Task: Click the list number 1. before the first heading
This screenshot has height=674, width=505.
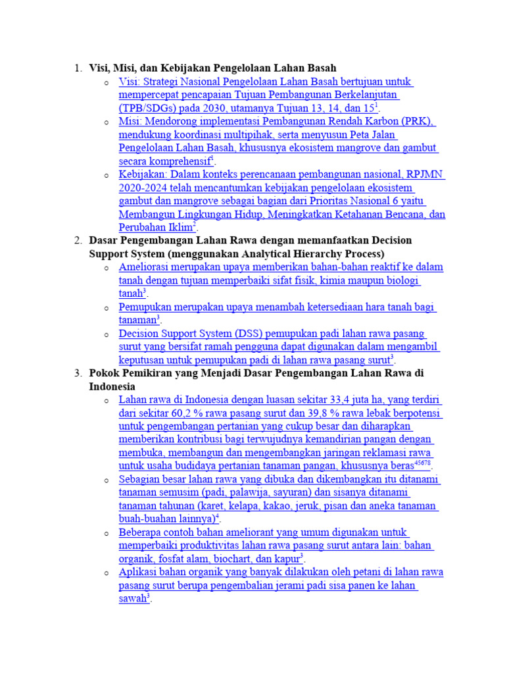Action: (x=78, y=68)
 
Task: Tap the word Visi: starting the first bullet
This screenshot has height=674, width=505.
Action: (x=130, y=82)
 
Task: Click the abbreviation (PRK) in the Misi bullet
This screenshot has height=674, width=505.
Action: (x=420, y=122)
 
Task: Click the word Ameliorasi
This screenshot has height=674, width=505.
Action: (x=145, y=267)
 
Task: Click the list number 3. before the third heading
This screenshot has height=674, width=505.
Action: (x=78, y=373)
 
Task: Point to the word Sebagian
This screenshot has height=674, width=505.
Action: (x=141, y=480)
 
